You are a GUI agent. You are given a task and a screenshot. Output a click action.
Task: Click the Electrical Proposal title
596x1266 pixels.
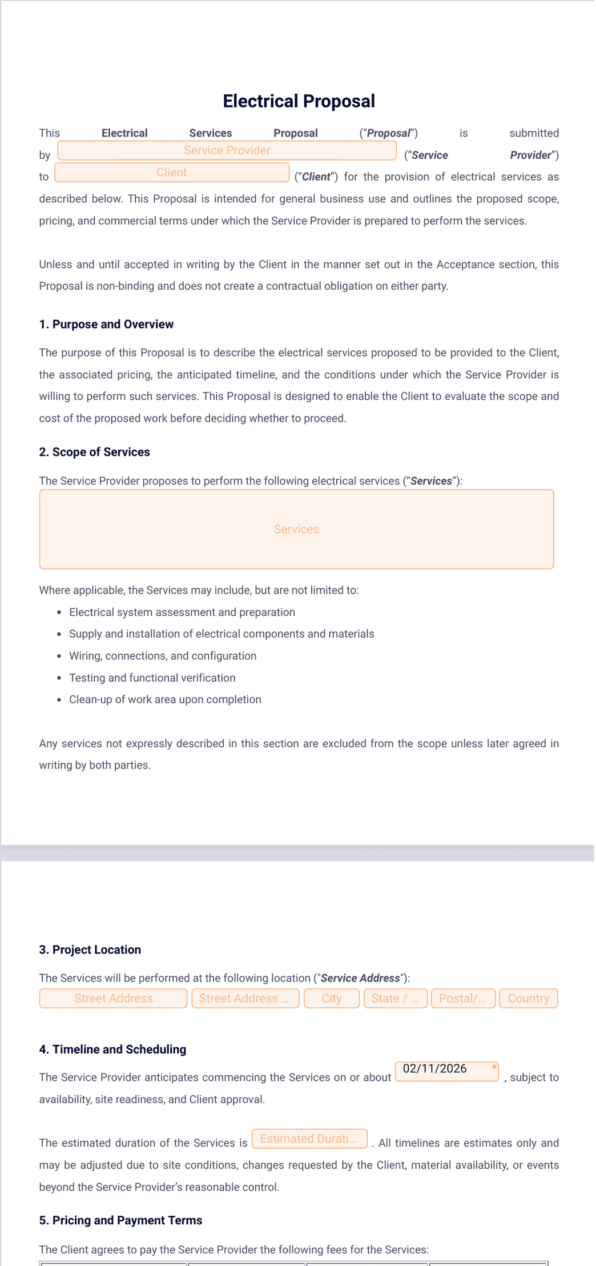point(299,101)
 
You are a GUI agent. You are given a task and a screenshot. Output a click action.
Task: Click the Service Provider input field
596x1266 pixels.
point(227,151)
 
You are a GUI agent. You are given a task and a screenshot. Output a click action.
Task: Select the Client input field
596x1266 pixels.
point(172,173)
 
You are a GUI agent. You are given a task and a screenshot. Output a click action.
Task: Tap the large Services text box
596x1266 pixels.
point(296,529)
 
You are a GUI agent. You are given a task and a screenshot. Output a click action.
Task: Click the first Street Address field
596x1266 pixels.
point(113,998)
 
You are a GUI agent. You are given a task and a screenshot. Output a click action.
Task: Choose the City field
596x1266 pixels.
point(332,998)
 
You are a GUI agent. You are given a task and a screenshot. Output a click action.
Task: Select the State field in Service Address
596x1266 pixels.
point(395,998)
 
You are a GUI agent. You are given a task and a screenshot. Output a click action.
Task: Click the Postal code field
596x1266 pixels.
point(462,998)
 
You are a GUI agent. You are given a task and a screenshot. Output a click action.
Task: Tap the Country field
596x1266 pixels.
point(528,998)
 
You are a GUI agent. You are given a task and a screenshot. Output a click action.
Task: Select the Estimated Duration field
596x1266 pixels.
point(309,1139)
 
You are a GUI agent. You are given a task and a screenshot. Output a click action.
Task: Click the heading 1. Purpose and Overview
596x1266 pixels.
point(106,324)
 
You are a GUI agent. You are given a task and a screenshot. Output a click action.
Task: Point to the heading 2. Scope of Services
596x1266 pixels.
point(94,452)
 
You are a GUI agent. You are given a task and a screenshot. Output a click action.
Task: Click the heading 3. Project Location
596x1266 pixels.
point(90,949)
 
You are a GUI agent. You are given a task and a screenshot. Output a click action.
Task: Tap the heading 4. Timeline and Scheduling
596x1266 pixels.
point(112,1049)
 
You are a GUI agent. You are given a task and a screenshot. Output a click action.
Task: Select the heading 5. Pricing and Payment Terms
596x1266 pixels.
point(120,1220)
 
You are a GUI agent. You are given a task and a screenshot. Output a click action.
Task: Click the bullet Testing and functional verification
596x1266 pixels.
point(152,678)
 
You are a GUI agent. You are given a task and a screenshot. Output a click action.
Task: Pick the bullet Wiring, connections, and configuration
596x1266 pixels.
point(163,656)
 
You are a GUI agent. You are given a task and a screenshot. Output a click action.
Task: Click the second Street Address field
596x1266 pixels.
point(245,998)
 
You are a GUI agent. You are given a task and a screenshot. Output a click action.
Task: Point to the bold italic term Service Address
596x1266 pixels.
point(360,978)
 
